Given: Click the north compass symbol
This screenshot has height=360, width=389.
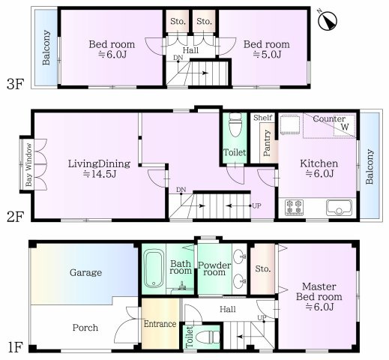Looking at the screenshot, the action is click(328, 20).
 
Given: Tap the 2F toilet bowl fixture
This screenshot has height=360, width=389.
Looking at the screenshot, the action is click(235, 124).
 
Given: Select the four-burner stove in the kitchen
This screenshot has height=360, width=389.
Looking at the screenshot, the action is click(294, 207).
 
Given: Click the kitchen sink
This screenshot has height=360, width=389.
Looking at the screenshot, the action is click(339, 207).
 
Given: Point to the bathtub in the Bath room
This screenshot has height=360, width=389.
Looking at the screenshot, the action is click(154, 269).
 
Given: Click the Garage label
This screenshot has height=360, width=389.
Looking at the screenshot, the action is click(85, 272).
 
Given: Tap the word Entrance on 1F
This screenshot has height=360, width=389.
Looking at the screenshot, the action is click(160, 324).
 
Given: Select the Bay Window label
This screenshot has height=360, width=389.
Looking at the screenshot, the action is click(28, 164).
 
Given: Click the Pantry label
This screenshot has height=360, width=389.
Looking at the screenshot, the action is click(267, 143).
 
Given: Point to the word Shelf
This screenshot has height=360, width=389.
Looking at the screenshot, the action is click(262, 118).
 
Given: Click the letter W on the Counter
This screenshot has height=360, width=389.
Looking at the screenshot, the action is click(345, 127).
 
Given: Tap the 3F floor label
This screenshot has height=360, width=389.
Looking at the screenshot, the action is click(15, 84).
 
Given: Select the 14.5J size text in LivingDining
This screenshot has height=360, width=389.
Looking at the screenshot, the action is click(100, 174).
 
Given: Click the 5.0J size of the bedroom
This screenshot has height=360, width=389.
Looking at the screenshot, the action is click(267, 54).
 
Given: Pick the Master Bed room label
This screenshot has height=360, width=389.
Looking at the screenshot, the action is click(319, 292).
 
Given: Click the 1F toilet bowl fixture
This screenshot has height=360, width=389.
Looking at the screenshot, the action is click(208, 337).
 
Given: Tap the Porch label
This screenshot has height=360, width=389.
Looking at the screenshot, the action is click(85, 328).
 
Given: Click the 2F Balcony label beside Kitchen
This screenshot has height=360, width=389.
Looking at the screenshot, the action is click(370, 166).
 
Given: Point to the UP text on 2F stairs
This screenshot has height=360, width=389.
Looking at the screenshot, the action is click(256, 205).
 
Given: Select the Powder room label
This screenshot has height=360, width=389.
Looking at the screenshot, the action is click(214, 268).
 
